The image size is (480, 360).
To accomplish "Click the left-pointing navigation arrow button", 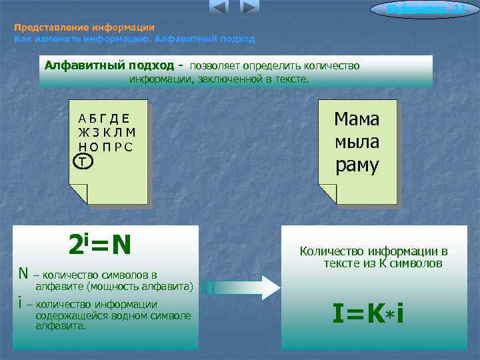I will [x=218, y=8].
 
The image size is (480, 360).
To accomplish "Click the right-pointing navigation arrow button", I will [x=249, y=8].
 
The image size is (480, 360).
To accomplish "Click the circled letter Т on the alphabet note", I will [x=83, y=161].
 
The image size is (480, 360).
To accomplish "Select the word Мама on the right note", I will [x=357, y=119].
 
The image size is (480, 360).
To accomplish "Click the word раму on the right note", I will [x=357, y=165].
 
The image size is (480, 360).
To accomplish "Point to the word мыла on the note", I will [x=357, y=142].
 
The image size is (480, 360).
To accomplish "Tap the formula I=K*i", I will [x=367, y=313].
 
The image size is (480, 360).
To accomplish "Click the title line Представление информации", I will [x=84, y=28].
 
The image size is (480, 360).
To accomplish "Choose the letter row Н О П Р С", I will [x=105, y=147].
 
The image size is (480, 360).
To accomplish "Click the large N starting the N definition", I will [x=23, y=273].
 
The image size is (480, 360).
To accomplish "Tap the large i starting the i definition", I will [x=21, y=304].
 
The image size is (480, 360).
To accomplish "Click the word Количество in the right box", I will [x=330, y=251].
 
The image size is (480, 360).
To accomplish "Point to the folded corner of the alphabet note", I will [x=78, y=194].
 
